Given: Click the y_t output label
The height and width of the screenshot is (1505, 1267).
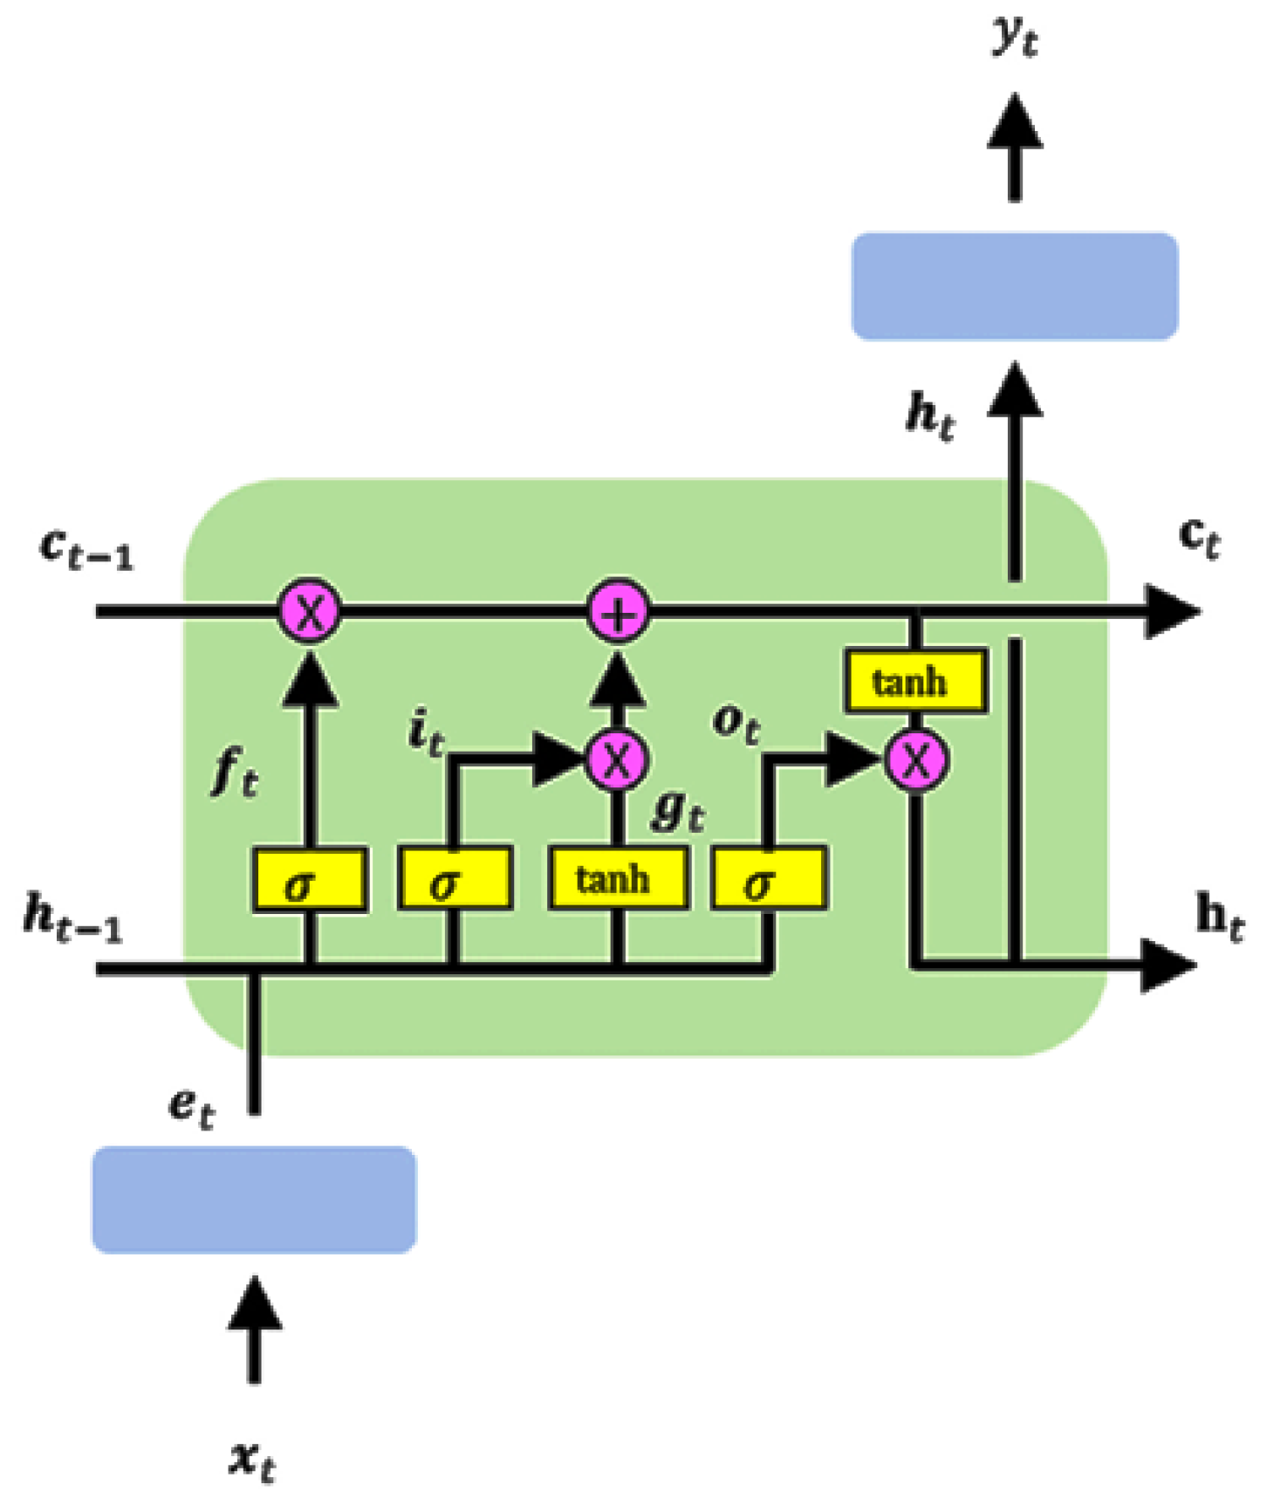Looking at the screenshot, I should pyautogui.click(x=1014, y=37).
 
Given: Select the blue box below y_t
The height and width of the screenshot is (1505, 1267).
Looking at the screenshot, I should pyautogui.click(x=1014, y=286).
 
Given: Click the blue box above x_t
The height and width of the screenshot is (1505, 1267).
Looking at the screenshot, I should pyautogui.click(x=254, y=1199).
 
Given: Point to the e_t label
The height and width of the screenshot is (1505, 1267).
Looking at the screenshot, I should pyautogui.click(x=191, y=1107).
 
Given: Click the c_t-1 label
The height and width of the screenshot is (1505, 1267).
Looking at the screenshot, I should pyautogui.click(x=86, y=550).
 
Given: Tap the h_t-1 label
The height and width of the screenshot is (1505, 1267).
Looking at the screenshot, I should pyautogui.click(x=73, y=918).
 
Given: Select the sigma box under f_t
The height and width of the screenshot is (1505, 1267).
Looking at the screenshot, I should pyautogui.click(x=309, y=880).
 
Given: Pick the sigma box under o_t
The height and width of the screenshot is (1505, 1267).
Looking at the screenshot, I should pyautogui.click(x=768, y=878).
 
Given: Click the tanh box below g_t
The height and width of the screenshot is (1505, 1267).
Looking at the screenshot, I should pyautogui.click(x=617, y=878).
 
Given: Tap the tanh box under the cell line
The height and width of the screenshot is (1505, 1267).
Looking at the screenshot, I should pyautogui.click(x=914, y=681).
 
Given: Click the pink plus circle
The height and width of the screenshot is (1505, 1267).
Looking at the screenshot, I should pyautogui.click(x=618, y=611).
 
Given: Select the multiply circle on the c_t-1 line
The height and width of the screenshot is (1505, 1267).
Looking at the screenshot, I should pyautogui.click(x=309, y=611).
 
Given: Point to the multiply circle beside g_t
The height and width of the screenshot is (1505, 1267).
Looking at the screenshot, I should pyautogui.click(x=617, y=759).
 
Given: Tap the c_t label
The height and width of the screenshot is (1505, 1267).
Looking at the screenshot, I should pyautogui.click(x=1199, y=537).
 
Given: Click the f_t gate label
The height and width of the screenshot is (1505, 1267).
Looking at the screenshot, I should pyautogui.click(x=236, y=773).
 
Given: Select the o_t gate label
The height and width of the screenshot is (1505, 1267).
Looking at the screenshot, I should pyautogui.click(x=736, y=723).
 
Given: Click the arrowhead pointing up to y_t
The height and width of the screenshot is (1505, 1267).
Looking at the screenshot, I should pyautogui.click(x=1014, y=122).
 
